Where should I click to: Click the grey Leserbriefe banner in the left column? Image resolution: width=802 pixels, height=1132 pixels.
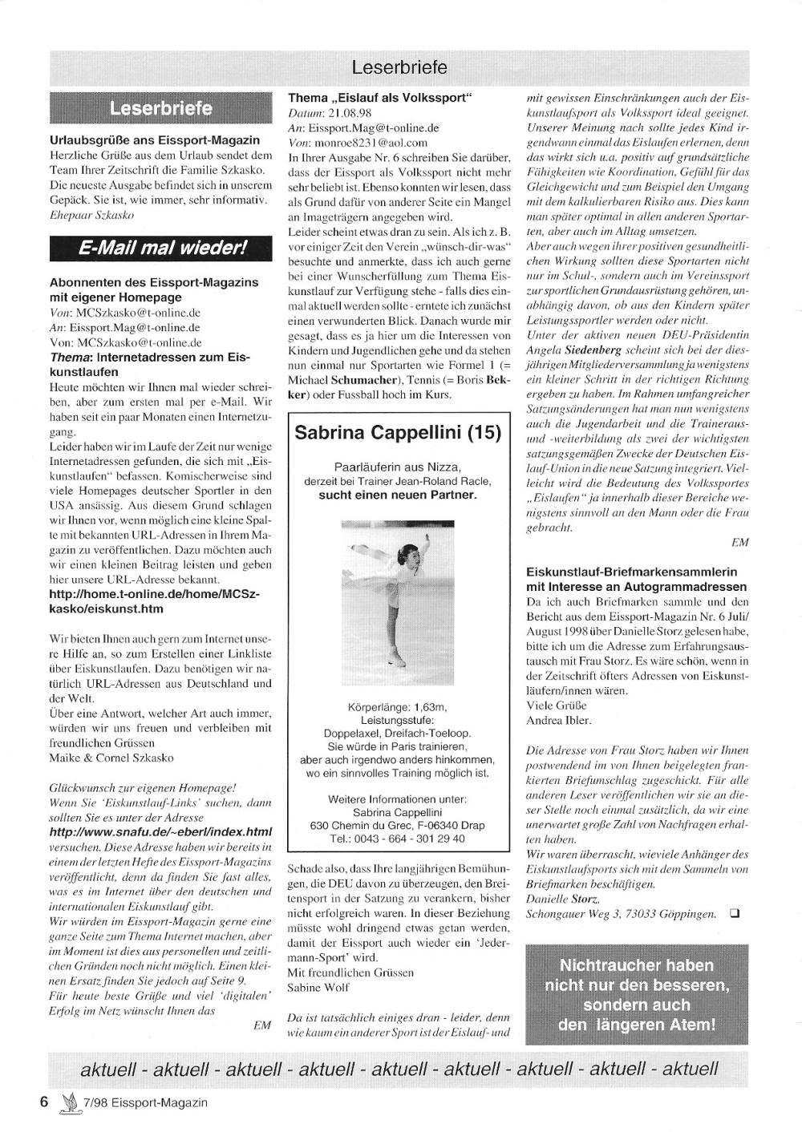click(x=160, y=108)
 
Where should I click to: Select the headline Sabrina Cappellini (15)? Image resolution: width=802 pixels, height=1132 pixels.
click(x=398, y=433)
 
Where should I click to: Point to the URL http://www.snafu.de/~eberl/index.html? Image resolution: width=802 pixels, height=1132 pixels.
click(x=160, y=831)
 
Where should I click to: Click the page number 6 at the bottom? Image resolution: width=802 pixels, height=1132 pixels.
click(x=45, y=1102)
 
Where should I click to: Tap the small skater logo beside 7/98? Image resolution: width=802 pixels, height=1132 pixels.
click(x=70, y=1102)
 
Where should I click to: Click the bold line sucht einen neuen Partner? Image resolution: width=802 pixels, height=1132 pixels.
click(x=397, y=495)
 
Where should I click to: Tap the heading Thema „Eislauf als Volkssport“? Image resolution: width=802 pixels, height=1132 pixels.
click(x=380, y=98)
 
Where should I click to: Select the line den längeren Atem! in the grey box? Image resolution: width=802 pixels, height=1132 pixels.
click(x=636, y=1025)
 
